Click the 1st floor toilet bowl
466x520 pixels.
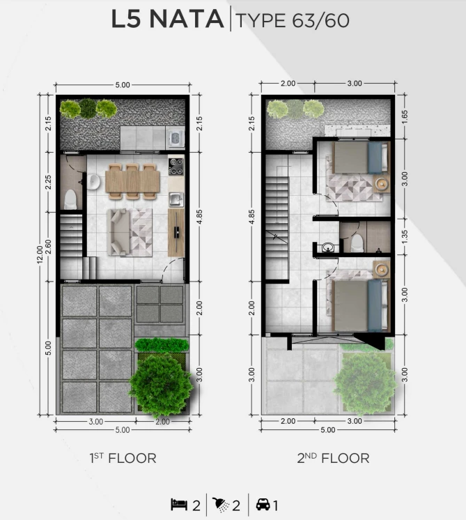coord(70,199)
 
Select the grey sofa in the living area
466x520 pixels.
coord(118,232)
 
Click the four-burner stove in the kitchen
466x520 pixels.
coord(176,166)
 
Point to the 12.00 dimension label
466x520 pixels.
coord(40,254)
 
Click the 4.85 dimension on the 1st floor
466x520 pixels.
coord(199,217)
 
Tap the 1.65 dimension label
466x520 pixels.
coord(404,117)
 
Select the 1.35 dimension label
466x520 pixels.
coord(404,236)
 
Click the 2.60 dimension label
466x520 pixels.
coord(48,247)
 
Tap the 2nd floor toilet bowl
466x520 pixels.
coord(357,243)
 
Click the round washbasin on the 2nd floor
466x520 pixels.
coord(328,247)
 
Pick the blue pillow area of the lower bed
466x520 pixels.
coord(375,305)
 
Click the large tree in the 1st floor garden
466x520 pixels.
coord(160,385)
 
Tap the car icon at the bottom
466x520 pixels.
coord(263,505)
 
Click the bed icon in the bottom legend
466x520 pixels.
coord(179,505)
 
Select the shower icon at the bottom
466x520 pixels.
coord(220,505)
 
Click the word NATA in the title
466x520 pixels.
coord(187,20)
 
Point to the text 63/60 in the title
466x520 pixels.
coord(321,20)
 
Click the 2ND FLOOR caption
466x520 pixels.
coord(333,458)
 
